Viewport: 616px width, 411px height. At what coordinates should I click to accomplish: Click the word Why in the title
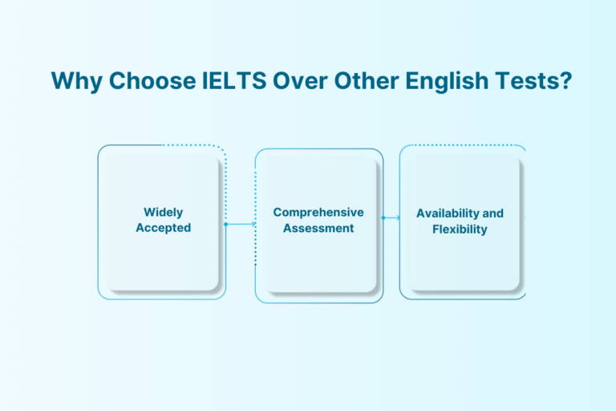tap(71, 81)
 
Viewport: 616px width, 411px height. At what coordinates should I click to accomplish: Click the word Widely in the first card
tap(163, 213)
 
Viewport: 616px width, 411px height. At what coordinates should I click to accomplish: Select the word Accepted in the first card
tap(163, 228)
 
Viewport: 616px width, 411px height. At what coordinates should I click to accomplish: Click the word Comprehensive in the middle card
tap(318, 213)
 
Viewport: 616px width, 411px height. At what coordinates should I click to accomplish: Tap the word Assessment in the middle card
tap(318, 228)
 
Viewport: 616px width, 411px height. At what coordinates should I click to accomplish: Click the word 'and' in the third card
tap(493, 214)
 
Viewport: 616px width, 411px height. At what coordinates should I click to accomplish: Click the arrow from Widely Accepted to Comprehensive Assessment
tap(241, 224)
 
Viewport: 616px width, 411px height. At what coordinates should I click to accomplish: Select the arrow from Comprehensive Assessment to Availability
tap(392, 218)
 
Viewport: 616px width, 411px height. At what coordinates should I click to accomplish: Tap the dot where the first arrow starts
tap(226, 224)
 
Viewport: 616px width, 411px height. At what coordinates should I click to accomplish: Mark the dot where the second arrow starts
tap(383, 218)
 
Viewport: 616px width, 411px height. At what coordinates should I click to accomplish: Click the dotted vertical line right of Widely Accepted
tap(227, 185)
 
